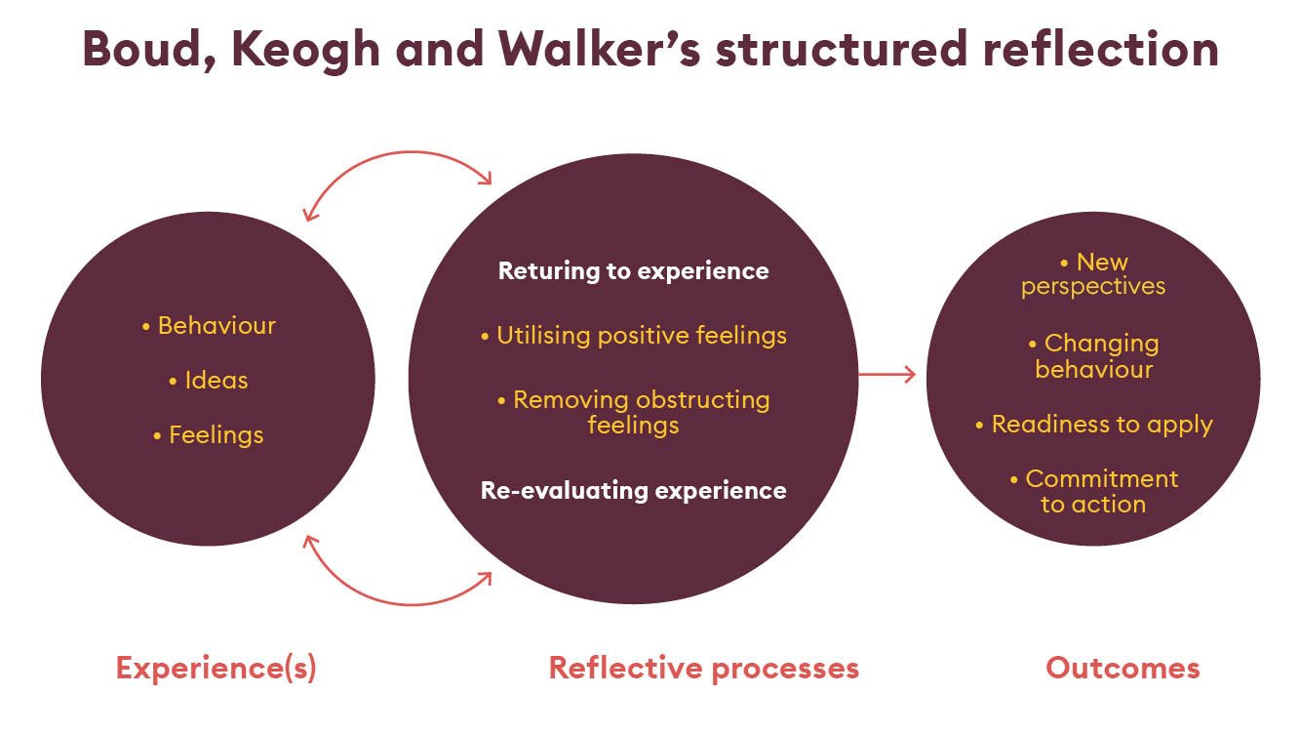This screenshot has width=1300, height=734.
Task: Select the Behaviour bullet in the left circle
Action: coord(209,325)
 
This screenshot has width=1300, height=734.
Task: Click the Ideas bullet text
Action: coord(209,380)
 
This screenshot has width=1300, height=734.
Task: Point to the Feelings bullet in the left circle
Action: coord(209,434)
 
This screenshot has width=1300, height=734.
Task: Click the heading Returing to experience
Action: coord(633,271)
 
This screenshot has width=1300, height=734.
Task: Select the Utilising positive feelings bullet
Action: coord(633,336)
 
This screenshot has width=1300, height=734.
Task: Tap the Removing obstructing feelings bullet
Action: coord(633,412)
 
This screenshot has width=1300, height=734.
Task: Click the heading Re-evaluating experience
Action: coord(633,490)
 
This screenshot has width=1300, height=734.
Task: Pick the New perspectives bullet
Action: coord(1093,274)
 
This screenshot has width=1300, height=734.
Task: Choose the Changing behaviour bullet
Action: coord(1093,356)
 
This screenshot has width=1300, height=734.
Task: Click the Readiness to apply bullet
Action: coord(1093,425)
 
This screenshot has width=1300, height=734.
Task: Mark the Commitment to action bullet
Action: coord(1093,491)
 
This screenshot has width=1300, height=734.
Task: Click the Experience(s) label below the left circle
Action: coord(216,669)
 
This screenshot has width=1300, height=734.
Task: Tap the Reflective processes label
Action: coord(703,669)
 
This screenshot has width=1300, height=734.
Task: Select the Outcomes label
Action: coord(1123,669)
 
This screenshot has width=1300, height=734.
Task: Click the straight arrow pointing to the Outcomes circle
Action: coord(886,374)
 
